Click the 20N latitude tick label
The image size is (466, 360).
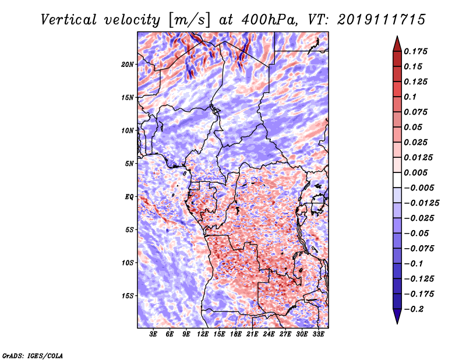pyautogui.click(x=128, y=65)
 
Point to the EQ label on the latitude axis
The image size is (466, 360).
pyautogui.click(x=129, y=197)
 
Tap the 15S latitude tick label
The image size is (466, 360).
pyautogui.click(x=129, y=296)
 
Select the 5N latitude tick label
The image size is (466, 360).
pyautogui.click(x=129, y=164)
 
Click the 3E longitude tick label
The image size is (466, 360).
pyautogui.click(x=153, y=334)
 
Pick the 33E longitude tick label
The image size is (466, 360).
pyautogui.click(x=318, y=334)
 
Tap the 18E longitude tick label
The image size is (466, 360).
pyautogui.click(x=236, y=334)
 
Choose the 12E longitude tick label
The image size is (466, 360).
pyautogui.click(x=203, y=334)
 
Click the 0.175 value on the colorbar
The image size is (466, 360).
pyautogui.click(x=415, y=51)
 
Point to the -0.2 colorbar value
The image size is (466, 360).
pyautogui.click(x=414, y=309)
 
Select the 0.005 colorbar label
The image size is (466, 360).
pyautogui.click(x=415, y=172)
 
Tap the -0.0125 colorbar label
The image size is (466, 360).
pyautogui.click(x=421, y=203)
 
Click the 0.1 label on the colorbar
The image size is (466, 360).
pyautogui.click(x=410, y=97)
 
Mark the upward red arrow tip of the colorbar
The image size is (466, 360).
pyautogui.click(x=397, y=36)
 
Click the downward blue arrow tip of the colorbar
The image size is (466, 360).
pyautogui.click(x=397, y=323)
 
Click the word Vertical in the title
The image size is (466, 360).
pyautogui.click(x=69, y=20)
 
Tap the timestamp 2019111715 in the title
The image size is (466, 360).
pyautogui.click(x=382, y=20)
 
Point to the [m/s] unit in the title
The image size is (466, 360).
pyautogui.click(x=190, y=20)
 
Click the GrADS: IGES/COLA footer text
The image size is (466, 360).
pyautogui.click(x=33, y=355)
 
